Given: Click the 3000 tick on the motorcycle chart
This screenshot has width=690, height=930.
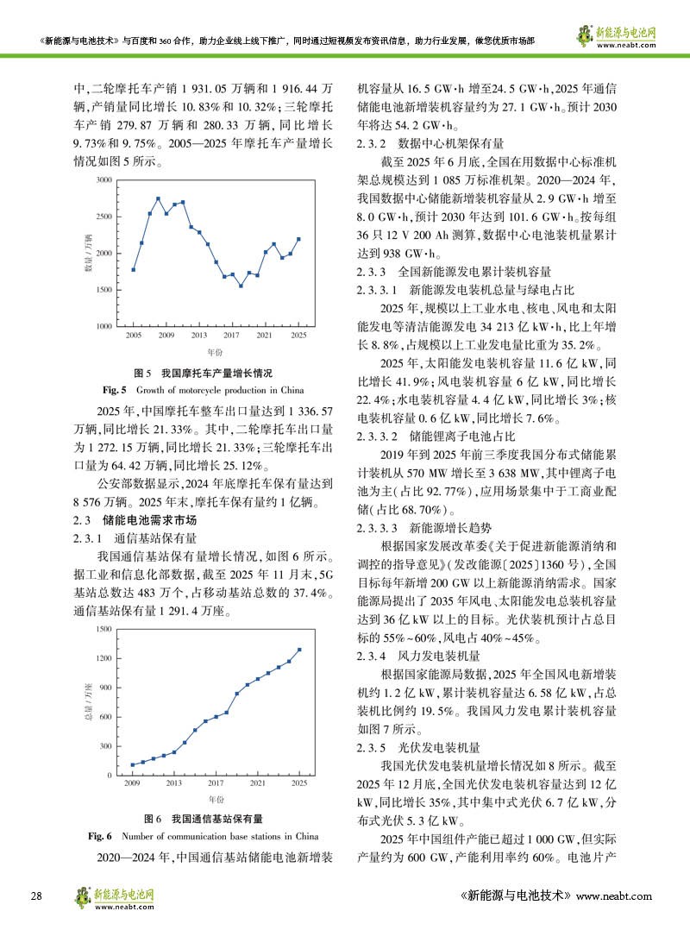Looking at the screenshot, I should coord(103,180).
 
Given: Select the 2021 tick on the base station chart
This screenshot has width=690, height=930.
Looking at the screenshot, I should coord(257,782).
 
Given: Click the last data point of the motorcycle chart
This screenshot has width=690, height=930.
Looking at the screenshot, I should coord(298,239).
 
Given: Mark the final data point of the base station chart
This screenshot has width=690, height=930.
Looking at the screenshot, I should coord(299,650).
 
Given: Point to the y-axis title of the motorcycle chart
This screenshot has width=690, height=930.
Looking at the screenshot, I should coord(88,254).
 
